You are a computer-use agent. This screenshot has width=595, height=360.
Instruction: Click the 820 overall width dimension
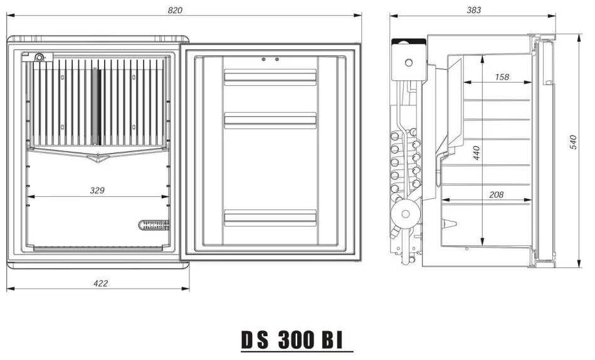point(175,10)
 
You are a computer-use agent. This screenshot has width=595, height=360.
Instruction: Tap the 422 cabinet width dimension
point(100,283)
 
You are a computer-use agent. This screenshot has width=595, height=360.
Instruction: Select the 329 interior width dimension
point(97,190)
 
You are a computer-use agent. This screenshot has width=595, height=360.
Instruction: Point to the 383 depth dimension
point(473,10)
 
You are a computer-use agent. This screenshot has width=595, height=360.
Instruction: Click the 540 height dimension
point(573,142)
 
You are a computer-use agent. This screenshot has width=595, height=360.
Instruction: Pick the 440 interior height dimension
point(477,153)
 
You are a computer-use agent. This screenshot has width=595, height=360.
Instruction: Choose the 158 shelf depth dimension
point(502,77)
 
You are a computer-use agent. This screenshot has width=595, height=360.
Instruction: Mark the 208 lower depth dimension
point(496,195)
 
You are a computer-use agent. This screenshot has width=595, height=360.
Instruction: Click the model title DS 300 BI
point(292,340)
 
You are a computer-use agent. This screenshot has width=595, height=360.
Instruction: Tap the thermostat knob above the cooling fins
point(39,58)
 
